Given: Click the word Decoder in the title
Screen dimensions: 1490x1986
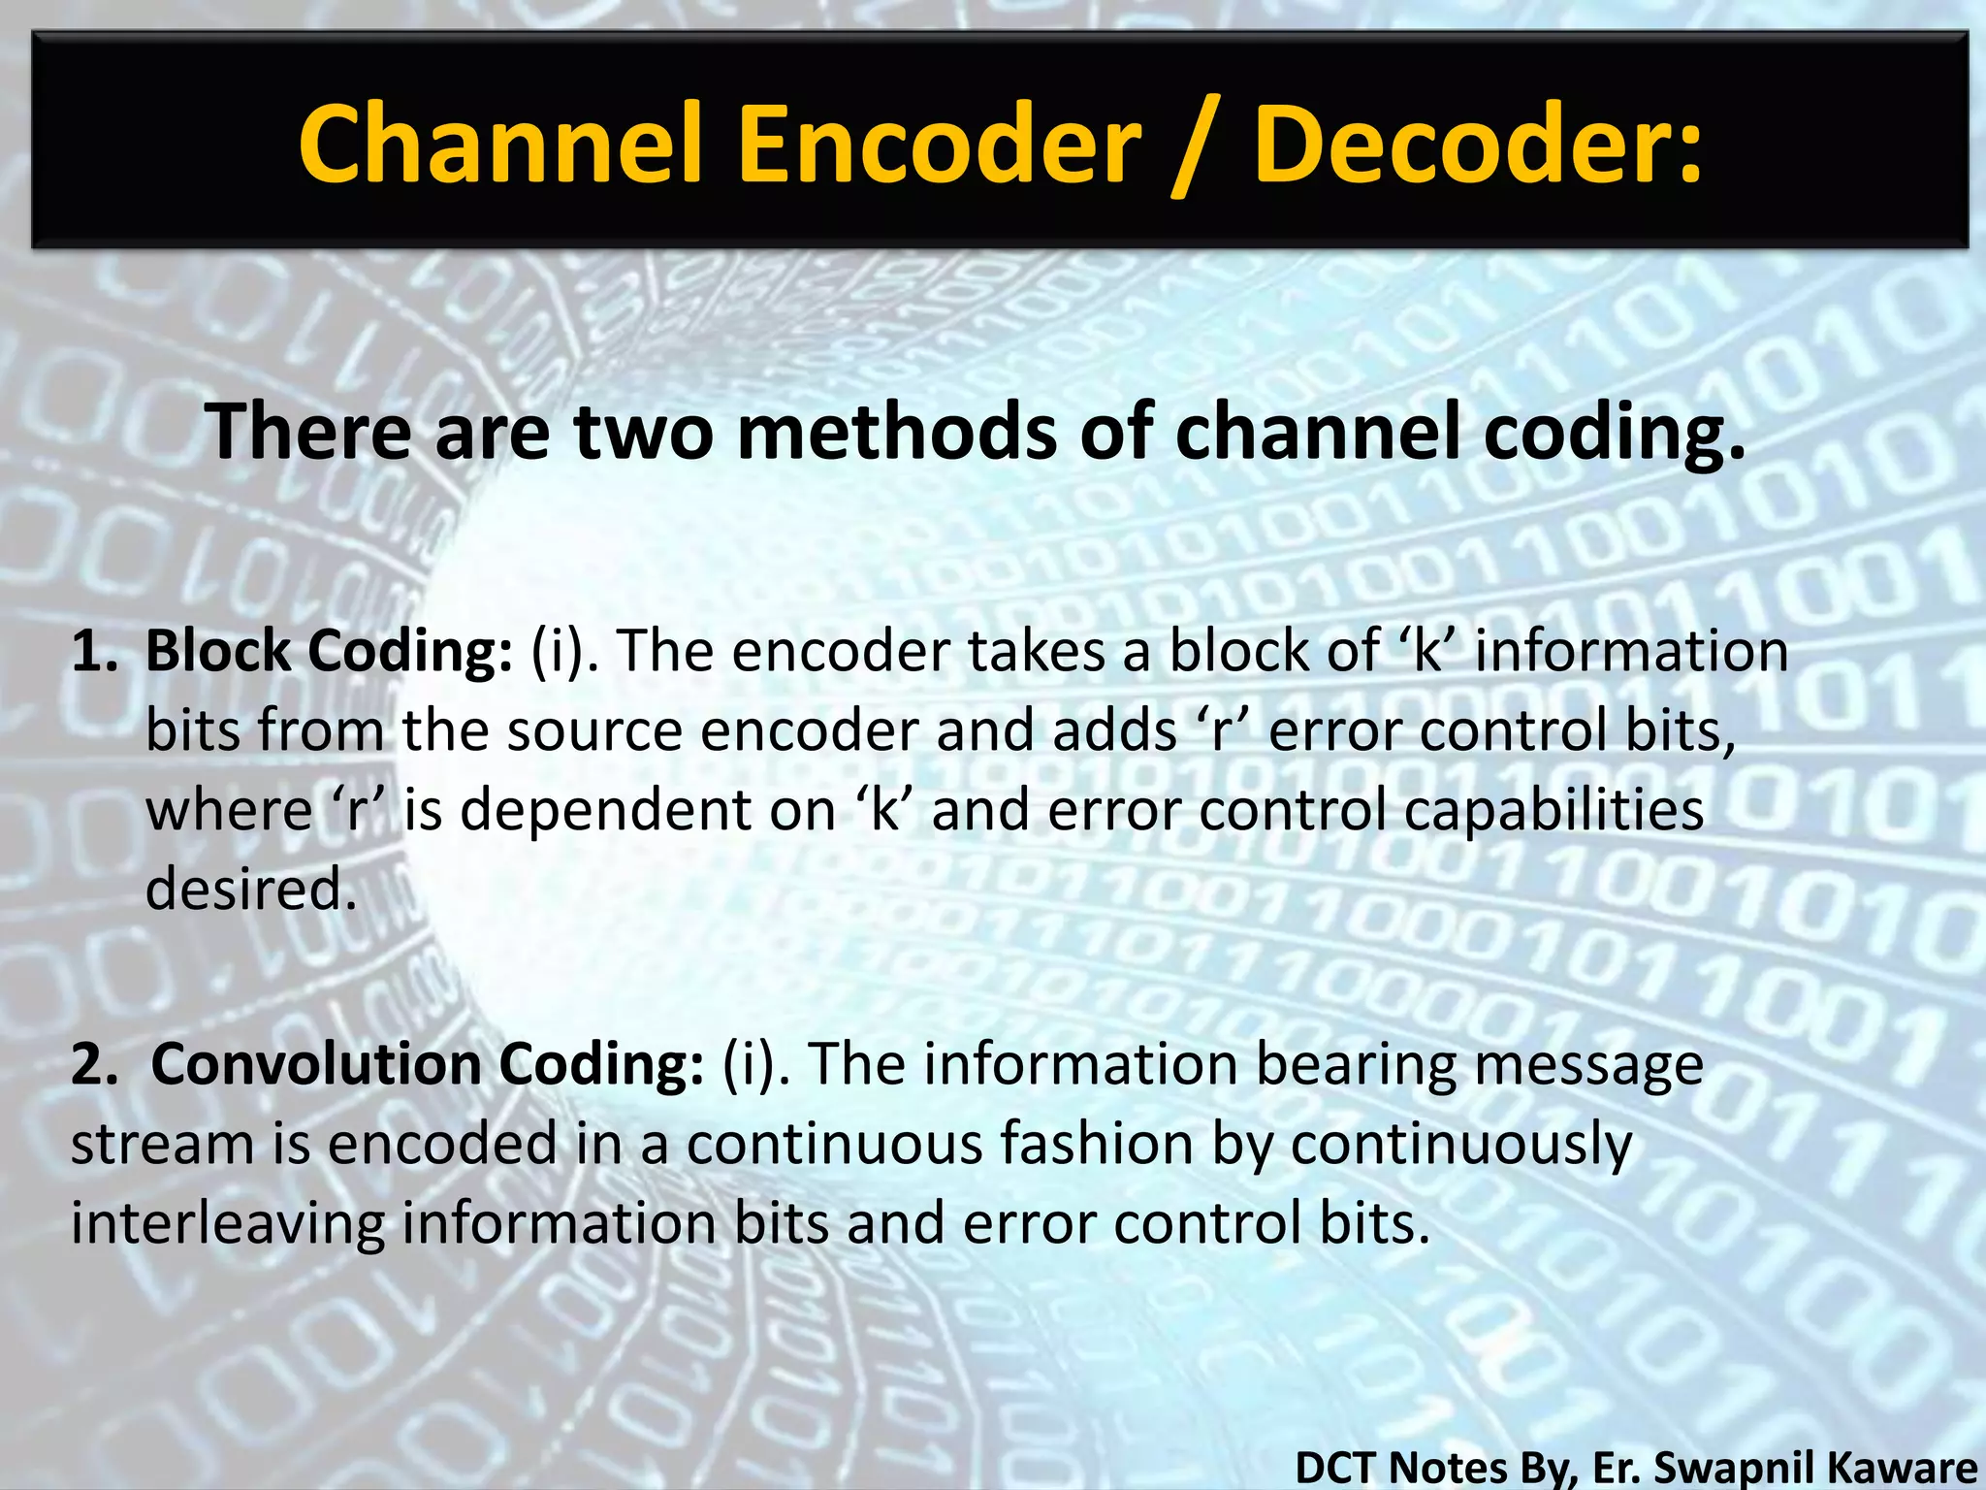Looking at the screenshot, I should (x=1477, y=146).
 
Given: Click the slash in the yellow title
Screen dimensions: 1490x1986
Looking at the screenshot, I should (x=1198, y=147).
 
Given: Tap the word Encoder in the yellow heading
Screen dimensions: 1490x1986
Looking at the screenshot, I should (x=939, y=146).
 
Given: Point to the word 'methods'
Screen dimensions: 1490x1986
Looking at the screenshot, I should (x=897, y=432).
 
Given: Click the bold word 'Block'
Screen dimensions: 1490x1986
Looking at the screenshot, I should (x=218, y=651).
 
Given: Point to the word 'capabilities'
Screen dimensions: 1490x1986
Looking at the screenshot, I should (x=1553, y=811).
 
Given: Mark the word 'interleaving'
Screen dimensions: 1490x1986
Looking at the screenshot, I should (x=228, y=1223).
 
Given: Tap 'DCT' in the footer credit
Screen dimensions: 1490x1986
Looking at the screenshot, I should (x=1337, y=1468).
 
